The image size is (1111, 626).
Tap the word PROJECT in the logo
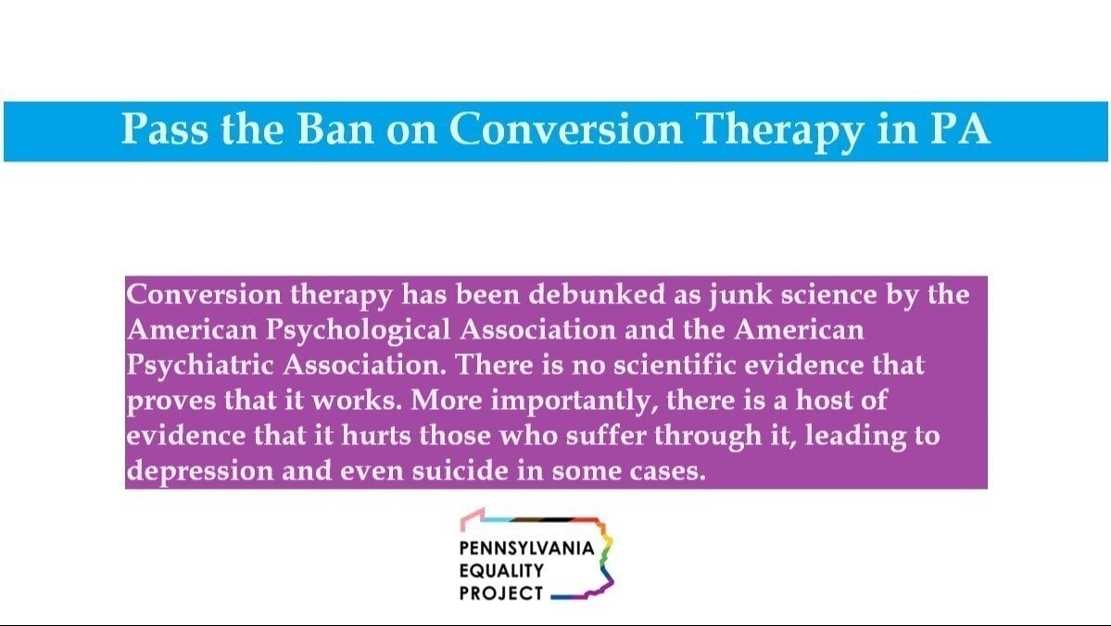[x=500, y=593]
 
